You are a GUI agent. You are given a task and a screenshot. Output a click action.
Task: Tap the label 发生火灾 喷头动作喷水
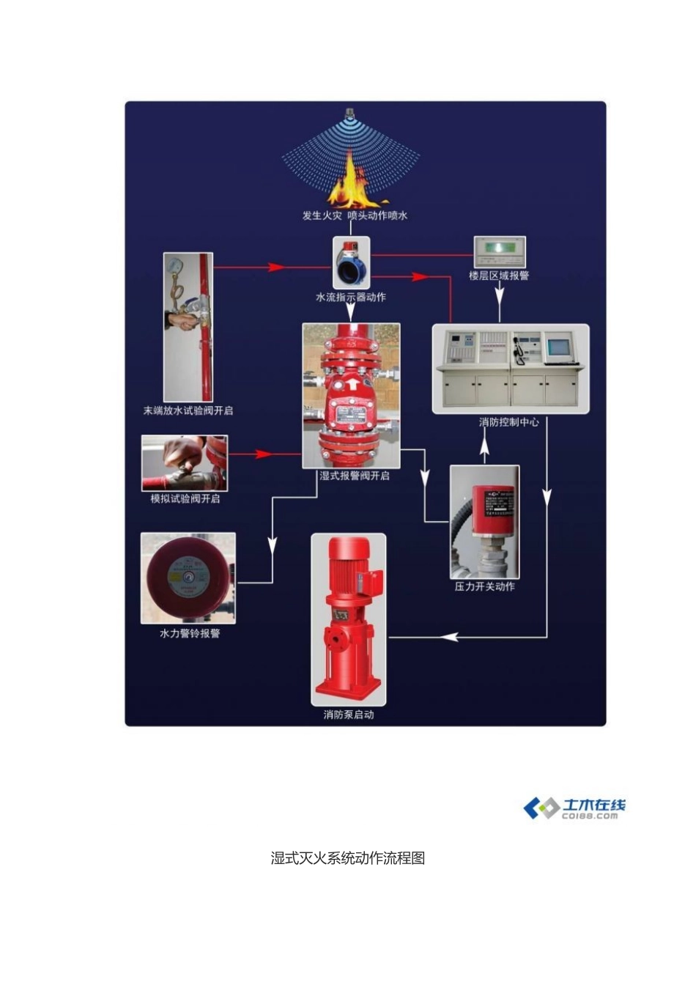tap(355, 215)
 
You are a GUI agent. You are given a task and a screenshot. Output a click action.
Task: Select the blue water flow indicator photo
tap(352, 265)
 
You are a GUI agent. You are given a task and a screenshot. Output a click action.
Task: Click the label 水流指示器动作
tap(351, 298)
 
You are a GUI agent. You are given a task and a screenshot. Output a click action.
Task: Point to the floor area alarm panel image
tap(500, 252)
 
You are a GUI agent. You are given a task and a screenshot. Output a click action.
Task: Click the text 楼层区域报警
tap(499, 276)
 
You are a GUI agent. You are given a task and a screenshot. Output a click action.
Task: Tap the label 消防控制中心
tap(509, 423)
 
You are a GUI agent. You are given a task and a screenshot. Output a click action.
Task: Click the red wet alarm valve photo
tap(352, 395)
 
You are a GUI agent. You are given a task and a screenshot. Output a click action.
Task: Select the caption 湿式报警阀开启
tap(355, 476)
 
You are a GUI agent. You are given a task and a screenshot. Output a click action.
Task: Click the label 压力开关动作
tap(485, 587)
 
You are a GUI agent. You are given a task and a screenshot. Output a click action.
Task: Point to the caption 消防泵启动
tap(349, 715)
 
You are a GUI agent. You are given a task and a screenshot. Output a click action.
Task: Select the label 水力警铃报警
tap(190, 634)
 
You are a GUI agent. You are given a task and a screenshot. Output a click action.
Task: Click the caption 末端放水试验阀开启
tap(188, 411)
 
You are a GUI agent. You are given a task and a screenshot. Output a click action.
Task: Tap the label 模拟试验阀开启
tap(185, 499)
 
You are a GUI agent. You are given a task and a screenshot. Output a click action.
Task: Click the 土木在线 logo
tap(575, 808)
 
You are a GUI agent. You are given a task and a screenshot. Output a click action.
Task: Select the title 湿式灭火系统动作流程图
tap(348, 858)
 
